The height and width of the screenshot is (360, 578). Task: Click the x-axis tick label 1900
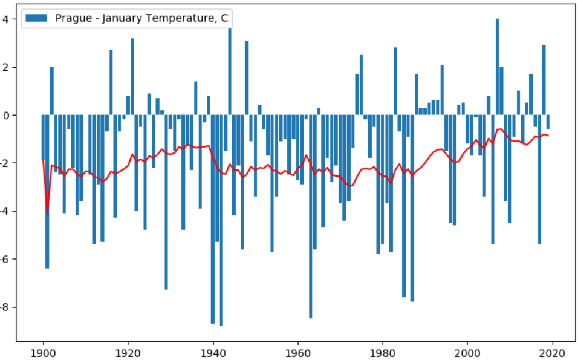43,352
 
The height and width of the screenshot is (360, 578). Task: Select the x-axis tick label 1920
128,352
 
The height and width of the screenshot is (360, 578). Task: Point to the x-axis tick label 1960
297,352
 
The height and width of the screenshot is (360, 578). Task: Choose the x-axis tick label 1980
382,352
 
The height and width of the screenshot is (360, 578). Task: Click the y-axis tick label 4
5,19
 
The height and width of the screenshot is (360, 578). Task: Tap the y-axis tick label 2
5,67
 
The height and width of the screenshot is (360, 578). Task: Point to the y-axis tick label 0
5,115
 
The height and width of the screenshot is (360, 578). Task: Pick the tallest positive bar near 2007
497,67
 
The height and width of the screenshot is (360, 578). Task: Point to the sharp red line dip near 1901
47,212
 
